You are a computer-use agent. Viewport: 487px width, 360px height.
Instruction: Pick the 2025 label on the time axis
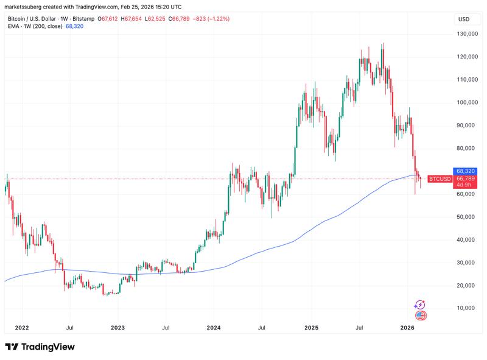point(311,328)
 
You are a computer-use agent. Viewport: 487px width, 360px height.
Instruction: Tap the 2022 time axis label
point(22,328)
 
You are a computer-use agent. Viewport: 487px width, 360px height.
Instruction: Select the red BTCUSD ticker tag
point(440,179)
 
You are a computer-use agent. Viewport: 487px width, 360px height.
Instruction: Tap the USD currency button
point(464,19)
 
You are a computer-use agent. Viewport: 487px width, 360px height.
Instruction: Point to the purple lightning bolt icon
point(420,305)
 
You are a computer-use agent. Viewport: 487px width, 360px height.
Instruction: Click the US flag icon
point(420,316)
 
